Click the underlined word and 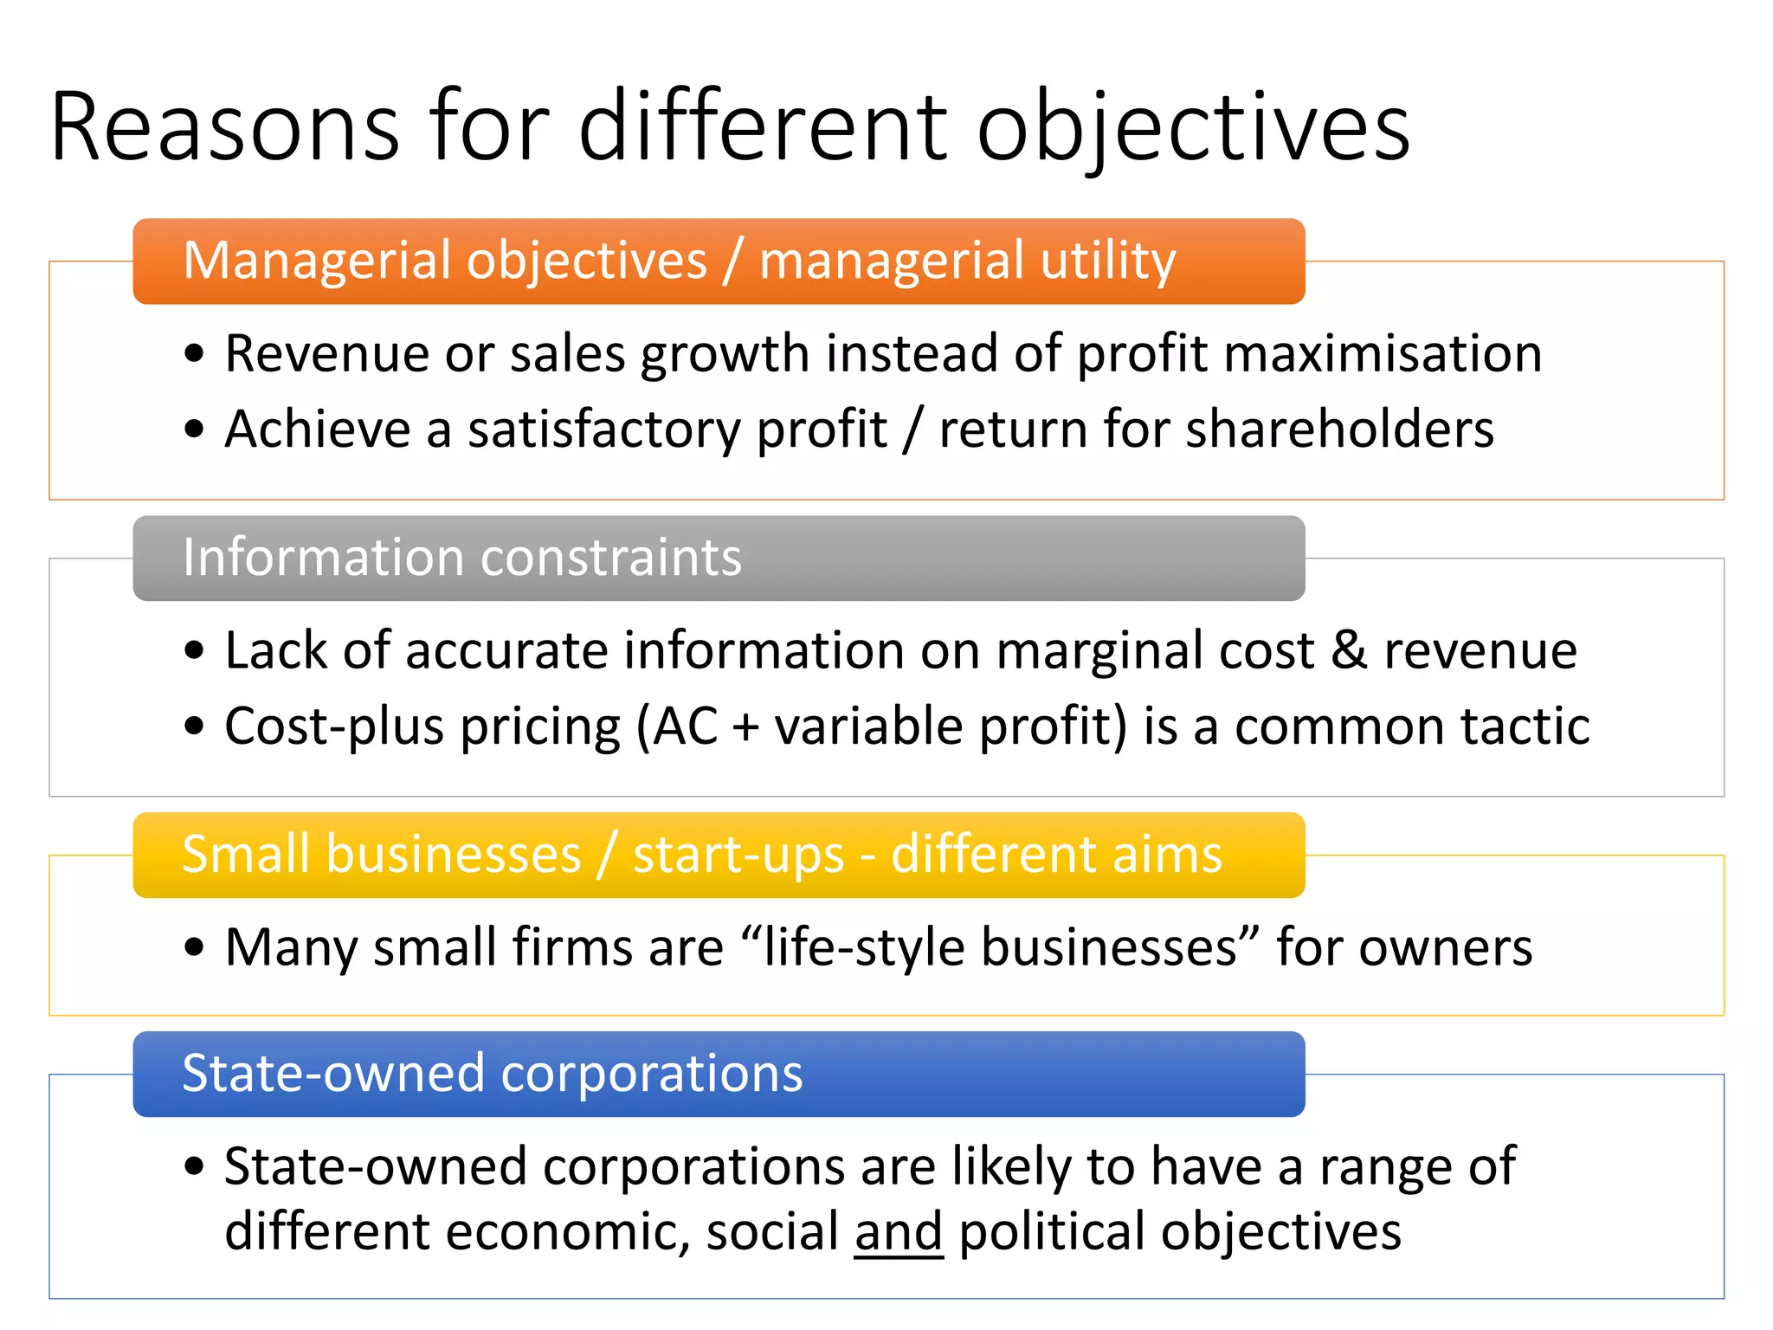(x=898, y=1231)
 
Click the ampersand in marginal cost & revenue (x=1349, y=650)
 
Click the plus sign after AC (x=745, y=727)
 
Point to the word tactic (x=1525, y=726)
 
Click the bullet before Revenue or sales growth (x=195, y=354)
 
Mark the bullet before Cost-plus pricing (x=195, y=726)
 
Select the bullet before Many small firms (x=195, y=947)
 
